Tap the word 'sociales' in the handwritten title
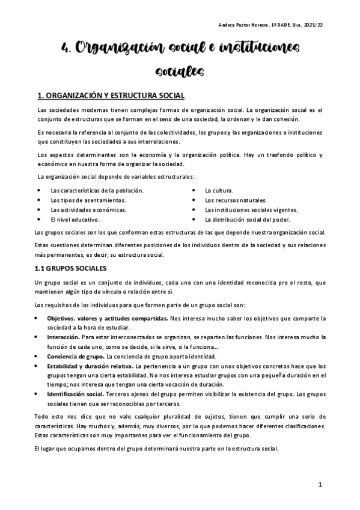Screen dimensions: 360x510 pos(180,72)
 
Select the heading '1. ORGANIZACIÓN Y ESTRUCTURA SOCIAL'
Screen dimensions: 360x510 pos(111,96)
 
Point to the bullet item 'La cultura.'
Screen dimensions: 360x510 pos(219,190)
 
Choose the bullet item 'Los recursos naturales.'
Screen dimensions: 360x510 pos(236,200)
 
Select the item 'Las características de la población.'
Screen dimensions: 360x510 pos(97,190)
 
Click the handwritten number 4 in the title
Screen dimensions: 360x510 pos(67,48)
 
